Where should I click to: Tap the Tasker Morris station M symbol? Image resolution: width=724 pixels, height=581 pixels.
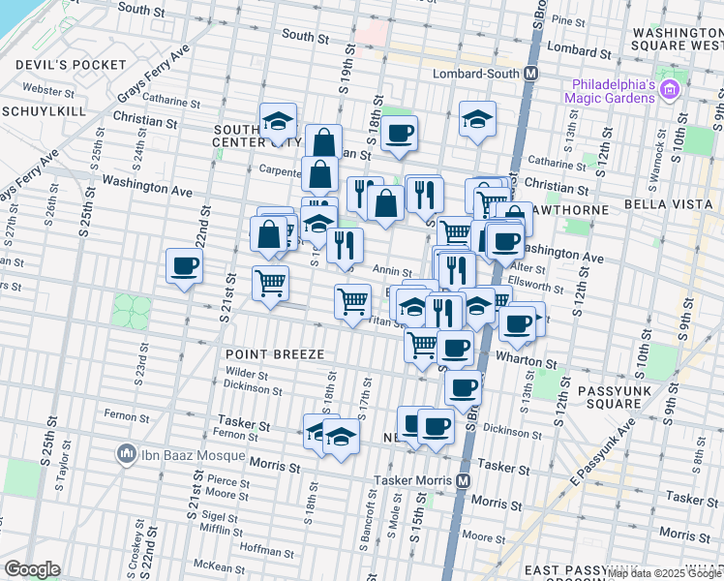coord(464,479)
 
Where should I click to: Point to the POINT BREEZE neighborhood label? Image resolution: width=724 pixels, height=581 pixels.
coord(275,355)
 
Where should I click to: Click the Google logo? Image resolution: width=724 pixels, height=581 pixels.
coord(32,569)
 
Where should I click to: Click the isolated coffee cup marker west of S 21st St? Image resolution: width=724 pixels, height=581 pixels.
coord(184,266)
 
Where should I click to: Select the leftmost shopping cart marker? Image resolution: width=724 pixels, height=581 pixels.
coord(270,284)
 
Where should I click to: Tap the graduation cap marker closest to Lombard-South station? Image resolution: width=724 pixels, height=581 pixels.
coord(477,119)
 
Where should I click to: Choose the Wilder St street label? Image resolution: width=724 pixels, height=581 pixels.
coord(247,373)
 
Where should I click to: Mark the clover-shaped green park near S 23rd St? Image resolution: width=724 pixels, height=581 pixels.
coord(132,311)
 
